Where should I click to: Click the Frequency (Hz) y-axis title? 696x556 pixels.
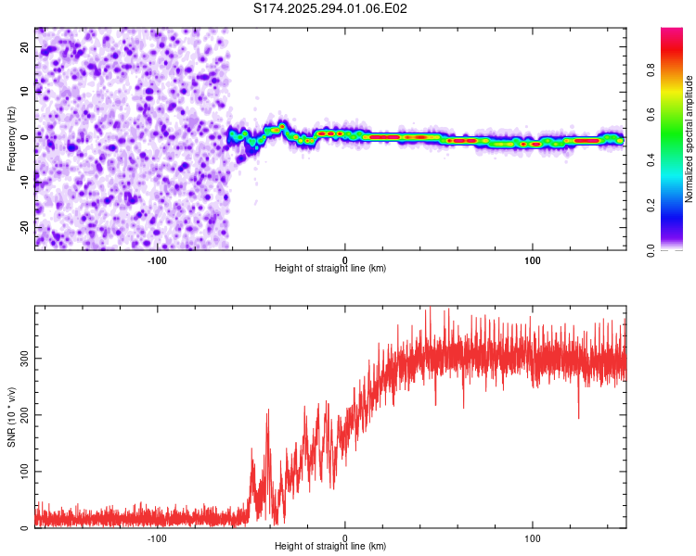point(11,139)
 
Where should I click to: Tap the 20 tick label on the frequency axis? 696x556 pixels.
point(25,48)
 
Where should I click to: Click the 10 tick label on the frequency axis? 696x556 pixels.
point(25,92)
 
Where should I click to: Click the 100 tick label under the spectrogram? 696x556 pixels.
point(533,260)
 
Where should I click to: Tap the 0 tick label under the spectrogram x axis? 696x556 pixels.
point(344,260)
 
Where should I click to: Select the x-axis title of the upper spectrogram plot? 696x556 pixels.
point(330,269)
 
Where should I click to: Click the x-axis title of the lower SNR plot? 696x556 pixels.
point(330,547)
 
